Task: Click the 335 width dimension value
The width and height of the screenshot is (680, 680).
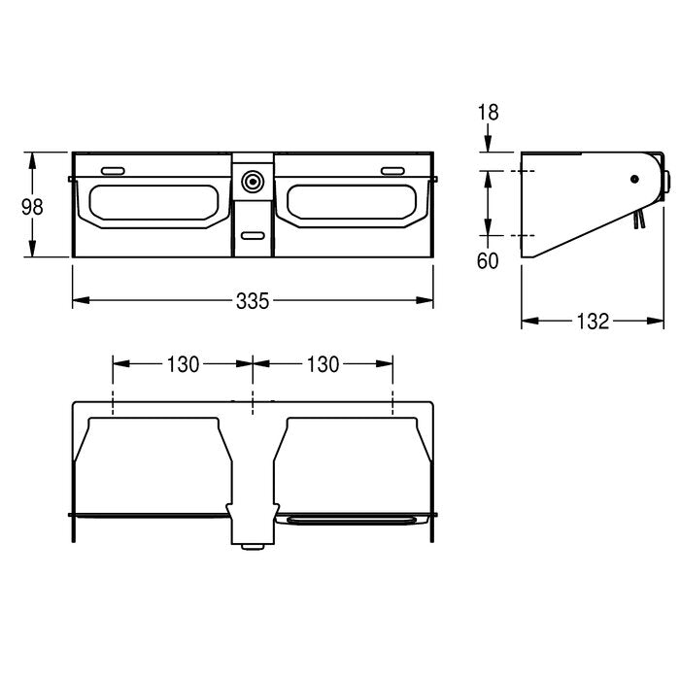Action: coord(253,301)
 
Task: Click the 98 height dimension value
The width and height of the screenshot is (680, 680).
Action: coord(32,207)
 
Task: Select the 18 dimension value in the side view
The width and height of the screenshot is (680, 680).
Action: coord(489,113)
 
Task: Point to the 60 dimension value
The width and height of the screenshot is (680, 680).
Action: coord(488,261)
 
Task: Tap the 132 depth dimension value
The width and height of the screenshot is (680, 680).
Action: coord(593,322)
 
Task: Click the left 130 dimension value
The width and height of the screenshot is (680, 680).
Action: coord(183,364)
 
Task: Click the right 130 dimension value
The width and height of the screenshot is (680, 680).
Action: coord(323,364)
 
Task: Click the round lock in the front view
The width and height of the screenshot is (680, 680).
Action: coord(253,182)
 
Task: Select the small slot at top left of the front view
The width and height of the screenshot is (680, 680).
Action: coord(114,171)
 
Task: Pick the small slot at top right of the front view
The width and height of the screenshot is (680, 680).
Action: coord(392,171)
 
